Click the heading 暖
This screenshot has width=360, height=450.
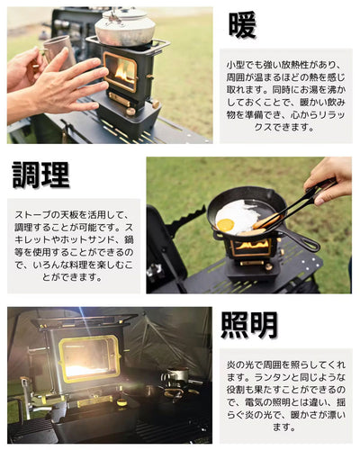242,25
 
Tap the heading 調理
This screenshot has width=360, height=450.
41,175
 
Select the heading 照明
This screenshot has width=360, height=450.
249,325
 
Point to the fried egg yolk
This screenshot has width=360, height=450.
225,224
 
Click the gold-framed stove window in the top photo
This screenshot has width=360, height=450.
120,71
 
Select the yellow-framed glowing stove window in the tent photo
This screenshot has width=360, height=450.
89,359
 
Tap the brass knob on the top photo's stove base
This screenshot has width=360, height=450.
130,112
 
